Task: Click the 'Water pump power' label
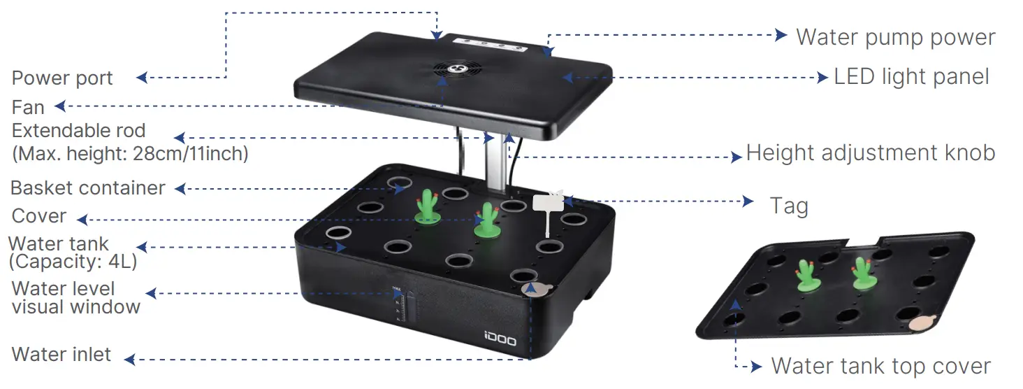coord(895,37)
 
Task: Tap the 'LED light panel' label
coord(911,77)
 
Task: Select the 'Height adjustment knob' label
coord(871,153)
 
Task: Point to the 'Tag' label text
coord(789,206)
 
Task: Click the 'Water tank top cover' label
coord(880,366)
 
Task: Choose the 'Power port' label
coord(62,78)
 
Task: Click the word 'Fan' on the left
coord(28,107)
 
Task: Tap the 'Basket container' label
coord(88,188)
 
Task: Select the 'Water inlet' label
coord(61,355)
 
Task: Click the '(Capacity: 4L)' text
coord(73,262)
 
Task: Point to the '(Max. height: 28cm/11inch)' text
coord(130,153)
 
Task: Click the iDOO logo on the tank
coord(500,341)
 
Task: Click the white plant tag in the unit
coord(548,204)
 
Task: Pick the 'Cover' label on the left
coord(39,216)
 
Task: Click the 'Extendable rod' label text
coord(78,131)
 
